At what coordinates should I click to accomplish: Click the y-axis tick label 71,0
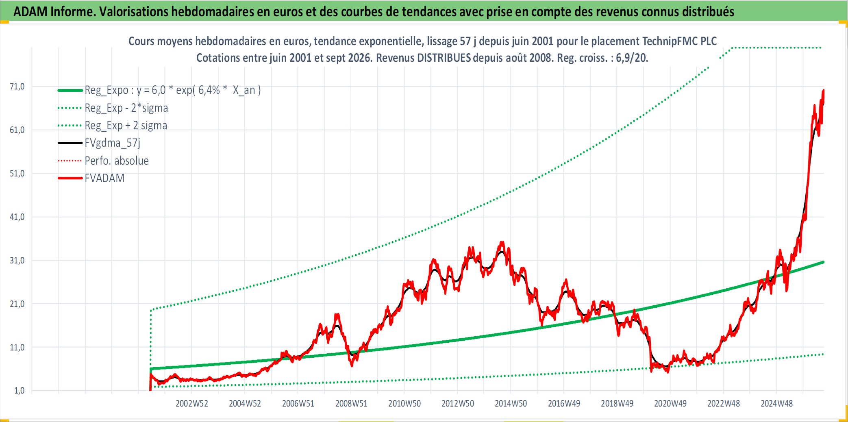click(17, 86)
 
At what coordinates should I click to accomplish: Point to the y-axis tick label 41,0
click(17, 217)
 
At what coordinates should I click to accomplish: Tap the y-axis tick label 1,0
click(20, 390)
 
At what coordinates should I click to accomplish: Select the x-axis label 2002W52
click(192, 403)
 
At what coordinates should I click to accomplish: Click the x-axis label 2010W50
click(404, 403)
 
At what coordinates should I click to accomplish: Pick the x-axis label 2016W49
click(564, 403)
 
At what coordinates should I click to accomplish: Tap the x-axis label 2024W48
click(776, 403)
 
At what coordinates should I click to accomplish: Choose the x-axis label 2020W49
click(670, 403)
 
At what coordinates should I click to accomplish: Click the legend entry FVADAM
click(104, 178)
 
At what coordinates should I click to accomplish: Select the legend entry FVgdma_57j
click(113, 143)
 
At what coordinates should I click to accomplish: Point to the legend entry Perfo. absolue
click(117, 161)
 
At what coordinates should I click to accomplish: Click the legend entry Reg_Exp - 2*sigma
click(126, 108)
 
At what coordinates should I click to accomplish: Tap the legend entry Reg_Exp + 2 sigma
click(126, 126)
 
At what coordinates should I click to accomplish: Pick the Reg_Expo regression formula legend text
click(173, 90)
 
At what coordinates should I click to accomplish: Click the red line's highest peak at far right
click(824, 90)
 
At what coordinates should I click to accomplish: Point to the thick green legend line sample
click(70, 90)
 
